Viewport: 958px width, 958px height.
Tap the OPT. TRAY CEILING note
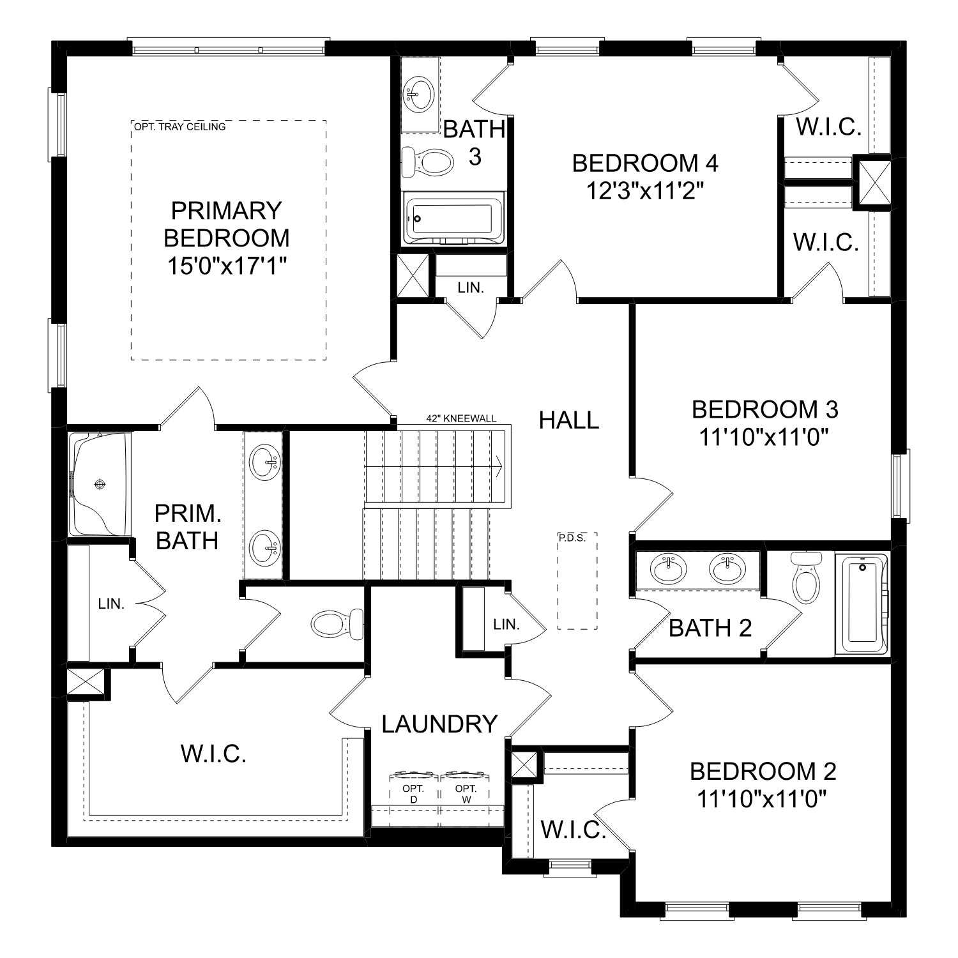179,126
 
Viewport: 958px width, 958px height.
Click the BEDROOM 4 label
645,163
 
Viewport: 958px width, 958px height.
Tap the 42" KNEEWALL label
461,419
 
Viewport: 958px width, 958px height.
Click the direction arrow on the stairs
497,466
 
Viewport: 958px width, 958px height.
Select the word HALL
569,420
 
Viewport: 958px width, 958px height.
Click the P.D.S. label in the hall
572,538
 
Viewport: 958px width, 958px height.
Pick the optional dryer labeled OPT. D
413,794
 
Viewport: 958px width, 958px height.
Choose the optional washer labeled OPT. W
466,794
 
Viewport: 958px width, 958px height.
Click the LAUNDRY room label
439,724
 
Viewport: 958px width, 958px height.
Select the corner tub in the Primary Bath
100,483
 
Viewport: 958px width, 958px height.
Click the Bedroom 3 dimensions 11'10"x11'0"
764,437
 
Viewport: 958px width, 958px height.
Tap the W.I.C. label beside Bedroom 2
573,830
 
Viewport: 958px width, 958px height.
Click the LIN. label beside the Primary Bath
111,604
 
